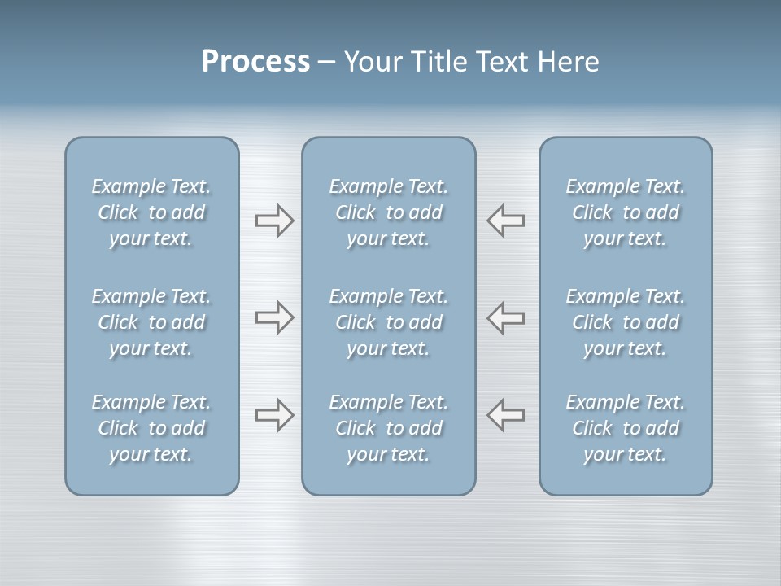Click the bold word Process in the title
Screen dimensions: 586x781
click(255, 62)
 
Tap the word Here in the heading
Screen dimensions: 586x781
click(568, 62)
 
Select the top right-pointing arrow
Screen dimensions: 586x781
click(275, 221)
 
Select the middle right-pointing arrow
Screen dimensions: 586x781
click(275, 317)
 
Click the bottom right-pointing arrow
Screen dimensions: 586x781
click(275, 415)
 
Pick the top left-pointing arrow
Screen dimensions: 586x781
click(505, 221)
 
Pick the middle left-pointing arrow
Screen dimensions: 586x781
click(505, 317)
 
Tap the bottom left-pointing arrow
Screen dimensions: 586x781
click(505, 415)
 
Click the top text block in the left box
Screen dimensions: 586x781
click(151, 212)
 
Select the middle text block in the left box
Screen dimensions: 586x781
click(151, 322)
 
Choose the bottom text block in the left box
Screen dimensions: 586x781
click(151, 428)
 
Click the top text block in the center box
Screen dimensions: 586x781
click(389, 212)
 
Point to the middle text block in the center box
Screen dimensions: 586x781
click(389, 322)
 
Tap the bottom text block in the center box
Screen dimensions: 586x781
click(389, 428)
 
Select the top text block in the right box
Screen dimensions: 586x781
click(626, 212)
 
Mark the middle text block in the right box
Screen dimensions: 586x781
click(626, 322)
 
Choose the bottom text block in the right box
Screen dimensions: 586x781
click(626, 428)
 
